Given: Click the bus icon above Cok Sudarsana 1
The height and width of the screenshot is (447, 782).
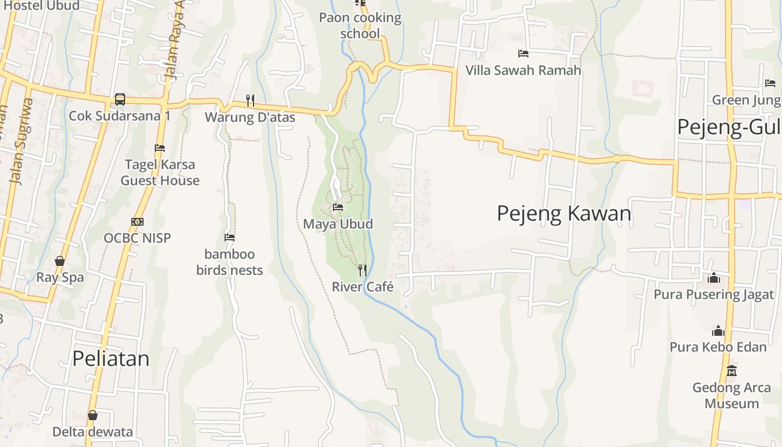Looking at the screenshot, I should coord(120,99).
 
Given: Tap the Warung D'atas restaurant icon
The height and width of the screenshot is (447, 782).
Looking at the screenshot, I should coord(250,101).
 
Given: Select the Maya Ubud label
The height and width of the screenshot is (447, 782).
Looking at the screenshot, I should coord(337,224).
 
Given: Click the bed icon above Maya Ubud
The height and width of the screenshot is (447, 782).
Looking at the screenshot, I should coord(337,207).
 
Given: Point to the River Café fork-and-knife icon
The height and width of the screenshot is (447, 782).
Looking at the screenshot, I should coord(363,270).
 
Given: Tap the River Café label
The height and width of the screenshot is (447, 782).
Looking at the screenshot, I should coord(363,287).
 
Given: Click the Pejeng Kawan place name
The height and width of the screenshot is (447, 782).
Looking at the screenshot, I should coord(564,213).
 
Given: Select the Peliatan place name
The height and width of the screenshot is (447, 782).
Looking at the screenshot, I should coord(111,358).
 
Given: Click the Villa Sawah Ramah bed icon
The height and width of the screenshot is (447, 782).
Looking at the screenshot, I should coord(523,54).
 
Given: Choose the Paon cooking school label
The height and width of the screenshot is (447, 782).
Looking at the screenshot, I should coord(360,26).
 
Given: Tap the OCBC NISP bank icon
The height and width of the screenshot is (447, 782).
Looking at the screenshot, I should coord(137,222).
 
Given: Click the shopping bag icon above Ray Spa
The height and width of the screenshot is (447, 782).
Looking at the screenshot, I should coord(60,261).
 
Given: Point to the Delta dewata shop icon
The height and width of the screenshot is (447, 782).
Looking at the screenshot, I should coord(93,416).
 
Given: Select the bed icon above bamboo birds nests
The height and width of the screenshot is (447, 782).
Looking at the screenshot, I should coord(229,237).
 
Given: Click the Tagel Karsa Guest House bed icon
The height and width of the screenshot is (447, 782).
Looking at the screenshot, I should coord(160,148).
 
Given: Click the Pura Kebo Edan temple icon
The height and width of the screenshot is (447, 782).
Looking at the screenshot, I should coord(718,331).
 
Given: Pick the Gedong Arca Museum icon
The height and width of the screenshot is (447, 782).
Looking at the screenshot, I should coord(731,371).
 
